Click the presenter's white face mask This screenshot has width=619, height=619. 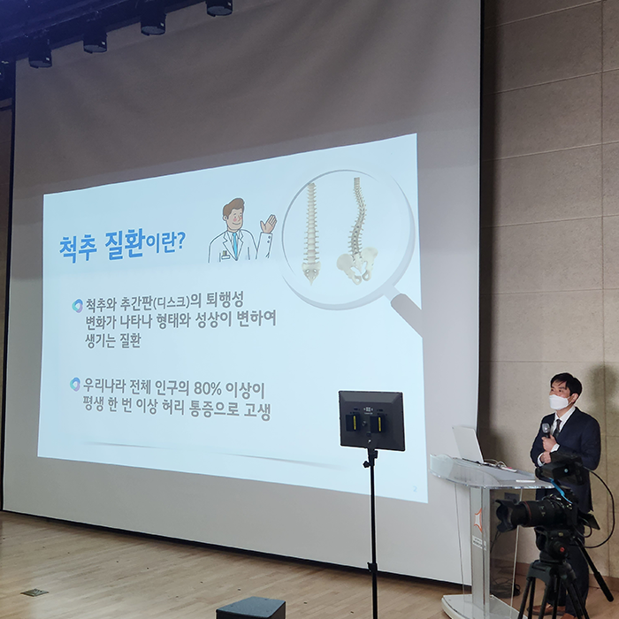click(x=559, y=401)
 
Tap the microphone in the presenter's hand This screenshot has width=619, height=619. click(x=546, y=430)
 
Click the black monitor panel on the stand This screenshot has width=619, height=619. click(x=371, y=420)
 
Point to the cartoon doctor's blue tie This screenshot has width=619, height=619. click(x=235, y=244)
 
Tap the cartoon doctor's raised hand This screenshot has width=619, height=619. click(x=269, y=224)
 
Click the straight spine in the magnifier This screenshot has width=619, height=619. click(x=311, y=233)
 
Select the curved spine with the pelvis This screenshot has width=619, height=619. click(x=357, y=232)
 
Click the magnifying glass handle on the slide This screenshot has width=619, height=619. click(x=407, y=312)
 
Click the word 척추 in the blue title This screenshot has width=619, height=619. click(x=78, y=248)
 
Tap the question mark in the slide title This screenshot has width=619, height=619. click(x=180, y=241)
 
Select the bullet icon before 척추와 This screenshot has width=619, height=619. click(x=78, y=306)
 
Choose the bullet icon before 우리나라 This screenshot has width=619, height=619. click(x=75, y=384)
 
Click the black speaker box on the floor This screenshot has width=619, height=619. click(x=250, y=608)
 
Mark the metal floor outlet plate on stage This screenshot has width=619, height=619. click(x=34, y=592)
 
